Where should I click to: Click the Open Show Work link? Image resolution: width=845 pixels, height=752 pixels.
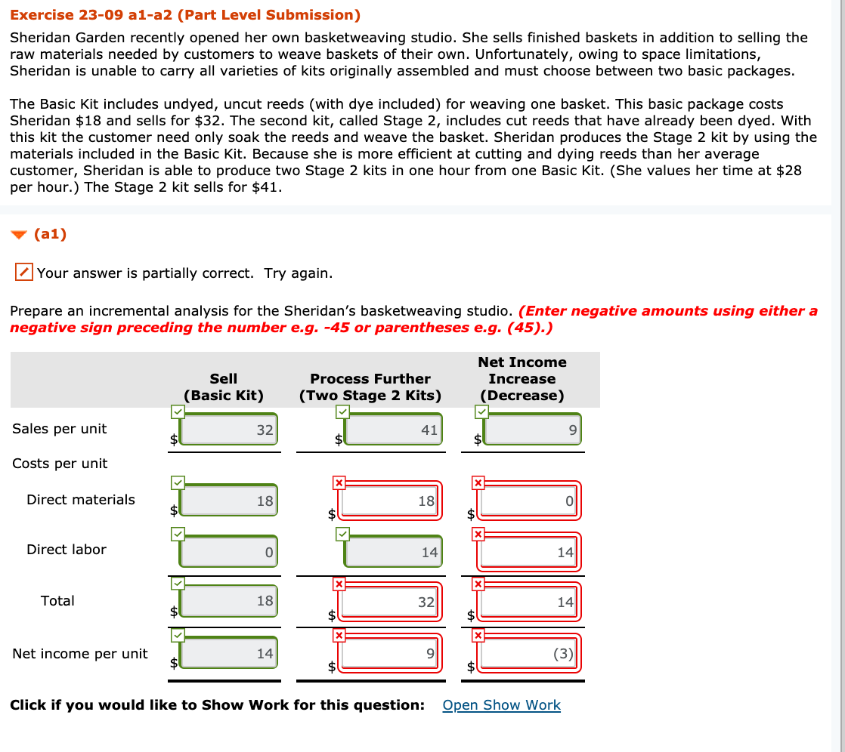[501, 705]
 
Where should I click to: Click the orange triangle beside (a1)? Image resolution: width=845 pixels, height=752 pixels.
[19, 235]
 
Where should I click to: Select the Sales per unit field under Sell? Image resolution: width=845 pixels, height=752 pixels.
[229, 430]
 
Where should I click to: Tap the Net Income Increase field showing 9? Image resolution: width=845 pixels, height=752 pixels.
[532, 430]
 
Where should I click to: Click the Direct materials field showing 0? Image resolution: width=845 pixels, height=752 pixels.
[531, 501]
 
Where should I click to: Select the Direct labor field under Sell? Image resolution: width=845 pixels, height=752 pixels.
[229, 552]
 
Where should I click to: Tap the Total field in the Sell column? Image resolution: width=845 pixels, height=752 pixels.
[229, 602]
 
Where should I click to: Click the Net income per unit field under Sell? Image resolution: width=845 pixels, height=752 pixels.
[229, 653]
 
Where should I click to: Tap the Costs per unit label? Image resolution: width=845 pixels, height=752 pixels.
[60, 464]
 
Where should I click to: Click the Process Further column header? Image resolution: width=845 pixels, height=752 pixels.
[370, 387]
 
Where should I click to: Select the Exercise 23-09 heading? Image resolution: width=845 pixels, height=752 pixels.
[185, 15]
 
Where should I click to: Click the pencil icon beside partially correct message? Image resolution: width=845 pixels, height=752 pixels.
[24, 273]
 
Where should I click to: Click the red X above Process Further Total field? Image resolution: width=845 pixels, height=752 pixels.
[339, 584]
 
